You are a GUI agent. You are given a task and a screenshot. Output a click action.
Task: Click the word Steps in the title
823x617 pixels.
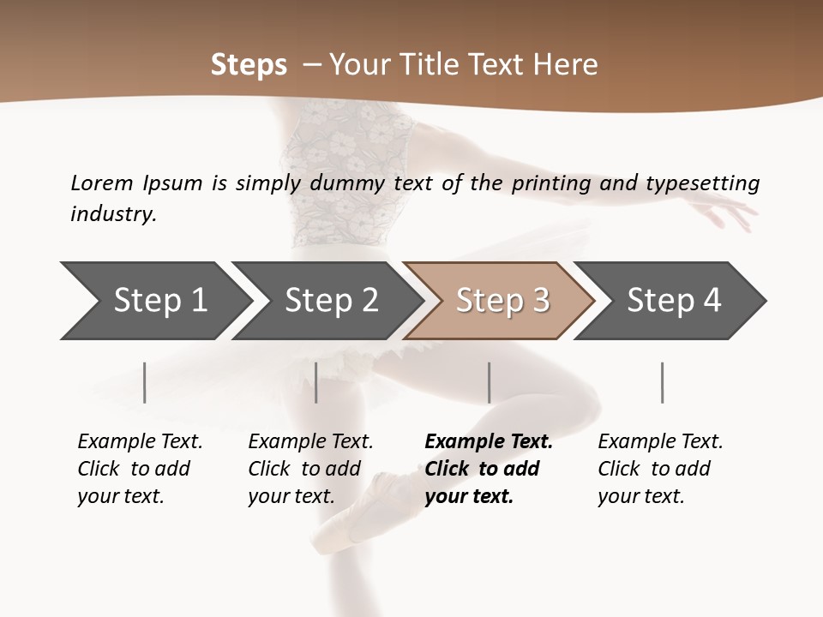[x=249, y=65]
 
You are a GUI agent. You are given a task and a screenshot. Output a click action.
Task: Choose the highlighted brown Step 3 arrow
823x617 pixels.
[x=502, y=301]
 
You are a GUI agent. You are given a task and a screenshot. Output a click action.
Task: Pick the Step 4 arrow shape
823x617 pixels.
[x=674, y=301]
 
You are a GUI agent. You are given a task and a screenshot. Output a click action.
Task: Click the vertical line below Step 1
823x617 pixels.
[x=145, y=382]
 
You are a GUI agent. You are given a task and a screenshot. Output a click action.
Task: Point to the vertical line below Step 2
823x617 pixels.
[x=316, y=382]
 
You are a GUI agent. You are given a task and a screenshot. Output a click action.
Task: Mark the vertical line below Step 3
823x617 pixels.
[x=490, y=382]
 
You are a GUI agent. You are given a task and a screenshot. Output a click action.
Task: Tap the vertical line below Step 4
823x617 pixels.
[x=663, y=382]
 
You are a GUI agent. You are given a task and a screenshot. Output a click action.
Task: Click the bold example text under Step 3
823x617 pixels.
[x=489, y=469]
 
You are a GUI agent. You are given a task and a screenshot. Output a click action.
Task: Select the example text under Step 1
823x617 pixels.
[x=140, y=469]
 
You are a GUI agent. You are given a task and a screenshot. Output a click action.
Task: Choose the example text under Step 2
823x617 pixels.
[x=310, y=469]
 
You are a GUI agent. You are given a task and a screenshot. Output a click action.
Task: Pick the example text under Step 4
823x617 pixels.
[x=660, y=469]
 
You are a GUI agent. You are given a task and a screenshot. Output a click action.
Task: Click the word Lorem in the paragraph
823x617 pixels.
[x=102, y=183]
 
